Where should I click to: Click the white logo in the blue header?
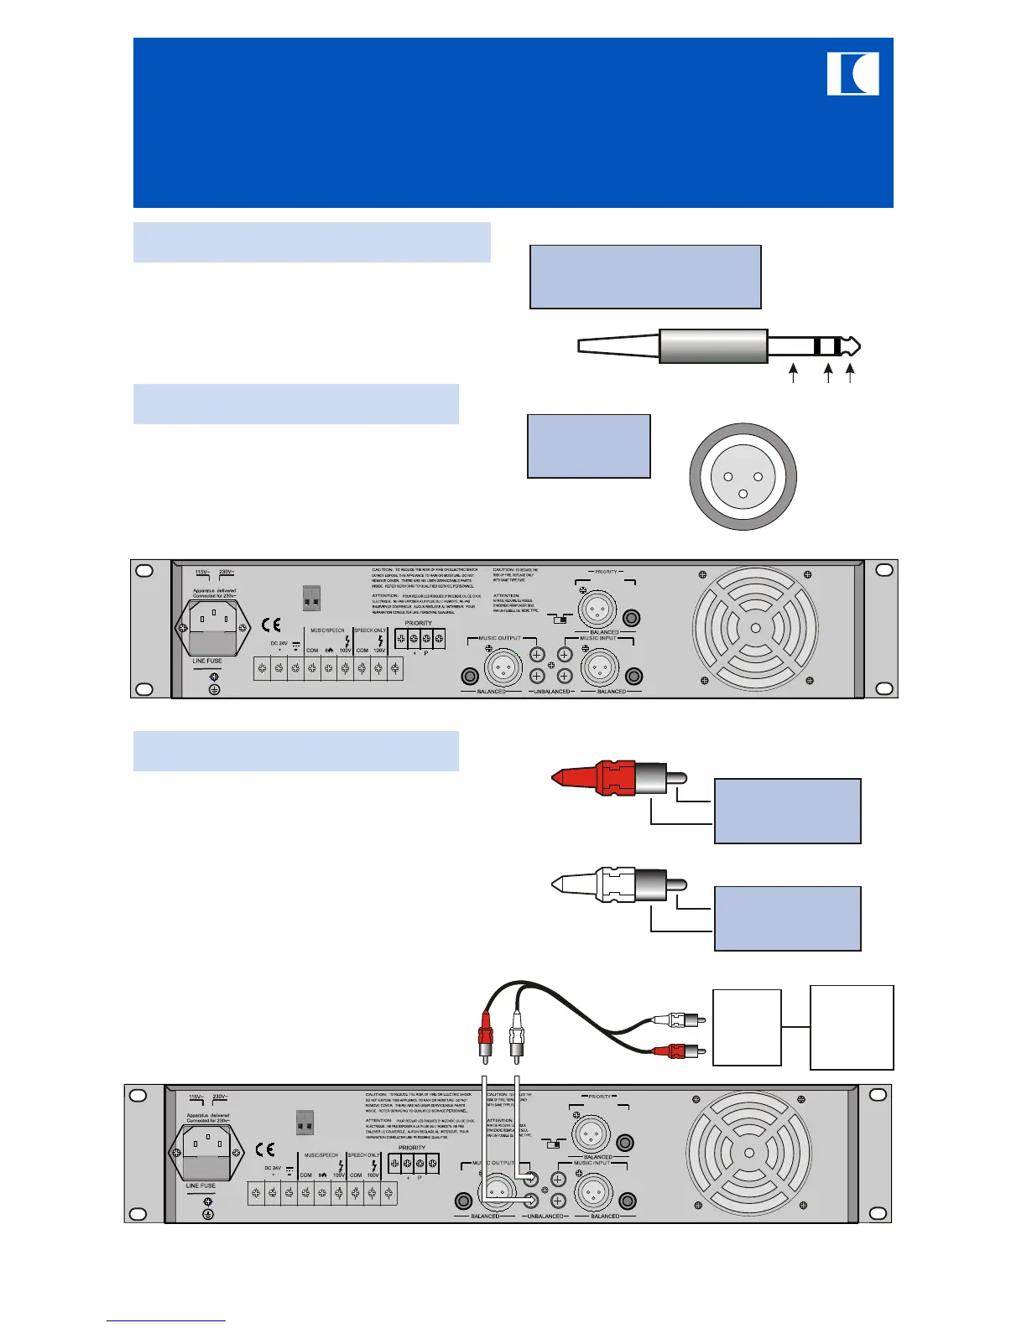click(x=852, y=74)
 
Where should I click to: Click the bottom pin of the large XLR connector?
click(x=743, y=493)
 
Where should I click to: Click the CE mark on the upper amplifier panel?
click(x=271, y=625)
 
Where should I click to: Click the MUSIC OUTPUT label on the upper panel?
click(x=499, y=638)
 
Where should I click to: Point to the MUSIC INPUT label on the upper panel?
click(x=597, y=638)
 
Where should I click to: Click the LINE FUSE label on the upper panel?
click(x=207, y=661)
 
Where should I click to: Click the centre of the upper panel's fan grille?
click(x=755, y=628)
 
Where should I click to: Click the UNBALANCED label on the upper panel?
click(x=551, y=692)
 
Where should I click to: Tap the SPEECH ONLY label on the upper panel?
click(x=370, y=630)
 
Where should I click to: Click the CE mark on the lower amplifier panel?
click(x=264, y=1149)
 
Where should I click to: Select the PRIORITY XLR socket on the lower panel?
click(x=590, y=1133)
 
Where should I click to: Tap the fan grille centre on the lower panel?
click(x=748, y=1153)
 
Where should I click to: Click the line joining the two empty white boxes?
click(x=795, y=1027)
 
